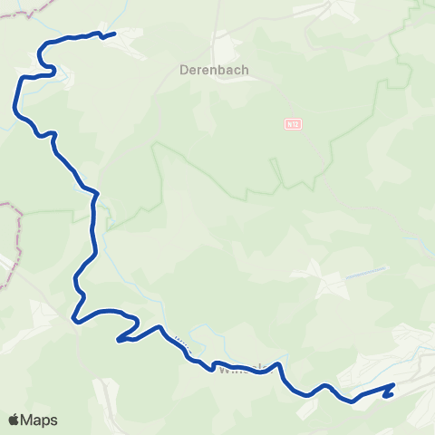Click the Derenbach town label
(215, 69)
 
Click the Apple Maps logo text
(33, 420)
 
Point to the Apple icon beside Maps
(14, 420)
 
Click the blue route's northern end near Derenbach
(114, 34)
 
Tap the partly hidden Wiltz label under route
(243, 369)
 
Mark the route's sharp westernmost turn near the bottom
(73, 318)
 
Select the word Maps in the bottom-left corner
(40, 420)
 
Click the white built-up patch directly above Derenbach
(222, 45)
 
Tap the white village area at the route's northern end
(127, 38)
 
